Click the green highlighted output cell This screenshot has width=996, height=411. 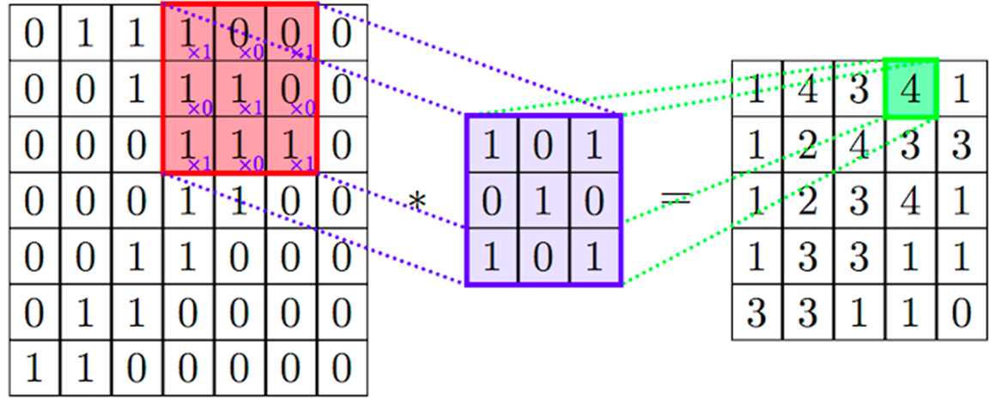(x=911, y=88)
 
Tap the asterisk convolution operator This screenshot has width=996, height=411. (x=417, y=203)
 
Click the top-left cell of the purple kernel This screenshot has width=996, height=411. (x=492, y=145)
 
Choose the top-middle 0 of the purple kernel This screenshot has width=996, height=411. (x=544, y=145)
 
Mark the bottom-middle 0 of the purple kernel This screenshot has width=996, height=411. (x=544, y=256)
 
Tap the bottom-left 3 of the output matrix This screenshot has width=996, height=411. (x=756, y=314)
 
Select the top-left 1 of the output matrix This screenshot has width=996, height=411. (x=756, y=88)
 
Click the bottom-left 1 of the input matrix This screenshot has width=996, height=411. (x=33, y=369)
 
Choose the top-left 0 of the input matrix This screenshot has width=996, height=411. (x=33, y=34)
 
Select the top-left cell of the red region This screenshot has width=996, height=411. (x=188, y=34)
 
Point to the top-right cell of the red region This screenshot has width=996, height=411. (x=291, y=34)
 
